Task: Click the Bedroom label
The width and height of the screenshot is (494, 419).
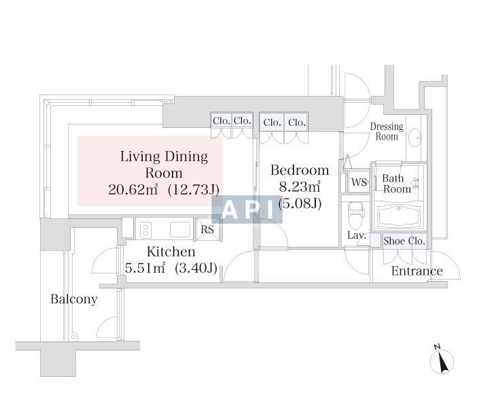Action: pos(300,170)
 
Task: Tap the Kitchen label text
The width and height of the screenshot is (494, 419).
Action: pos(171,252)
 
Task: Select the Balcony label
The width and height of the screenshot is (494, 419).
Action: pos(74,299)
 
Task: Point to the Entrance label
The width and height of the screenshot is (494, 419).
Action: pos(417,271)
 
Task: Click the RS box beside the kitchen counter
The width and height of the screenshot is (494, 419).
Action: pos(208,229)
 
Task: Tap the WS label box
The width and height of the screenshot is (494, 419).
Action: pos(359,182)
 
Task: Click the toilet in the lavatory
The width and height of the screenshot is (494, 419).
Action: pos(355,215)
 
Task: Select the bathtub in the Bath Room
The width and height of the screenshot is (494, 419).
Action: pos(399,216)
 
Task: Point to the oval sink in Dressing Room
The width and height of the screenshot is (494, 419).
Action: pos(415,138)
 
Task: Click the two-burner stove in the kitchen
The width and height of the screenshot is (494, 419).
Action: pos(145,230)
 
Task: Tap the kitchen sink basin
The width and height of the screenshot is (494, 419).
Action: pos(180,229)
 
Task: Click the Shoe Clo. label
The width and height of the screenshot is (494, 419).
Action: pos(404,241)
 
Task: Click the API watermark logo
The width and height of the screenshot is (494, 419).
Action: pos(247,209)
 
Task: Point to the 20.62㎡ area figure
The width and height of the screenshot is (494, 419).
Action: pos(133,190)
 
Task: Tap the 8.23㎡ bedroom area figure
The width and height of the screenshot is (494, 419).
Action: pos(300,186)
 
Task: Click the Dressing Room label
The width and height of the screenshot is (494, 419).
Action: pos(387,131)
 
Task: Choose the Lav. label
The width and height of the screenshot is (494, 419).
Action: pos(357,235)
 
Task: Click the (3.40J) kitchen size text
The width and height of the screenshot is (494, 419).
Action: pos(196,268)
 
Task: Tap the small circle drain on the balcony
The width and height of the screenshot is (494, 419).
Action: pos(73,337)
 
